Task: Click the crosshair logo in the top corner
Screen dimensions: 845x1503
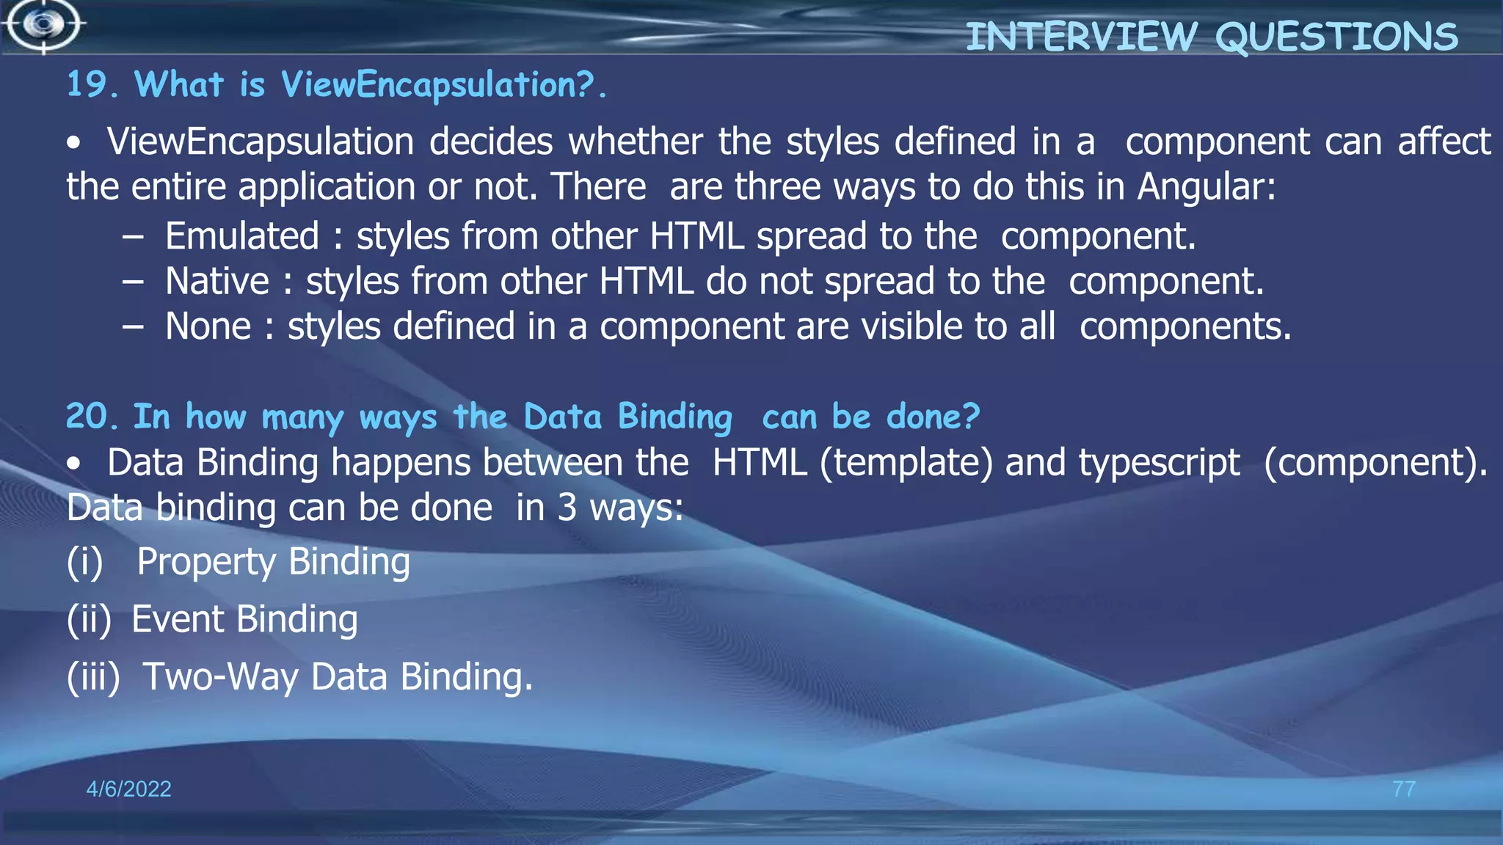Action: pos(44,25)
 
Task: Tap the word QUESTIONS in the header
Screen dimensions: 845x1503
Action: pos(1336,37)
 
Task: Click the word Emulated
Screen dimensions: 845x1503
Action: pos(242,236)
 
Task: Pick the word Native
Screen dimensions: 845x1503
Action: pos(217,281)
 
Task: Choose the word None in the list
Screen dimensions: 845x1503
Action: pos(208,326)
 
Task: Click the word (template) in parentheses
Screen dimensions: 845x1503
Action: pos(906,463)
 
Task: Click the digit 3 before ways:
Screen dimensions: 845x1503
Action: pos(567,508)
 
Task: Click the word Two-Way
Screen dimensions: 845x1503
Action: pos(220,676)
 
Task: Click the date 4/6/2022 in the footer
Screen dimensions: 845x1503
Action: pos(128,789)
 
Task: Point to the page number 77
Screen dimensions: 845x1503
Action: pos(1403,789)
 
